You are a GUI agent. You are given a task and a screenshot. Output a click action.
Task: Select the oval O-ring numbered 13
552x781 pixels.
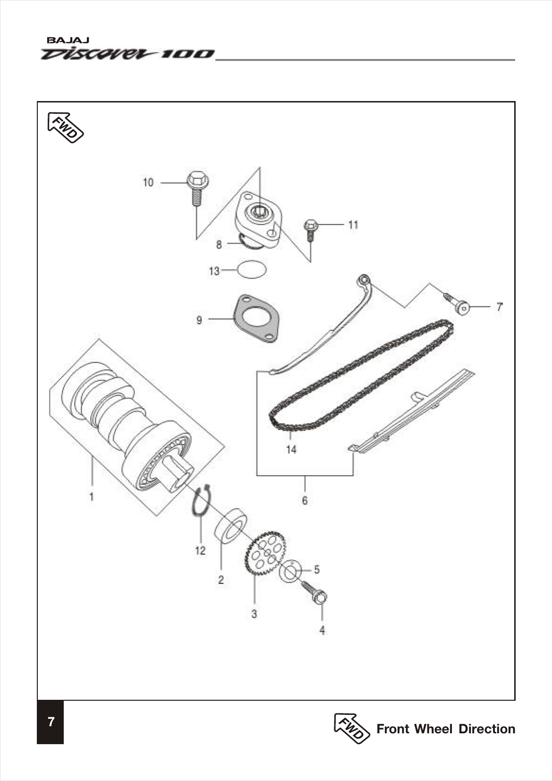pyautogui.click(x=251, y=270)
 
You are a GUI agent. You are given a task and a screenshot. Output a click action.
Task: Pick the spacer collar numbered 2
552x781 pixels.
pyautogui.click(x=231, y=527)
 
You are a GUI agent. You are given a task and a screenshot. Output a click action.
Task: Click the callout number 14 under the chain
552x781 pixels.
pyautogui.click(x=291, y=450)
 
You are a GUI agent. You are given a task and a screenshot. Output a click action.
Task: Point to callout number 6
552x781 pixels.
pyautogui.click(x=305, y=500)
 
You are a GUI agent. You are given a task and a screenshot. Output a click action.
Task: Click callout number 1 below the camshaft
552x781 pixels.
pyautogui.click(x=91, y=497)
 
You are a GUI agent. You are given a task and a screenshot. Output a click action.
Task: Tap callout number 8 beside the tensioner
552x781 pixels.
pyautogui.click(x=219, y=245)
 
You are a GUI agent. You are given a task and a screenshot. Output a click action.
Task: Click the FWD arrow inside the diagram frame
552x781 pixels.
pyautogui.click(x=66, y=127)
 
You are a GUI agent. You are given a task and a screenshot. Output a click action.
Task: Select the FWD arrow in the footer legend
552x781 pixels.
pyautogui.click(x=351, y=728)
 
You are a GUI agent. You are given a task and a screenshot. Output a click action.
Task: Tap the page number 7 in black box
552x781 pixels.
pyautogui.click(x=51, y=722)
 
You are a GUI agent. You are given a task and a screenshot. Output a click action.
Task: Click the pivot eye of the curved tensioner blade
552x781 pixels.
pyautogui.click(x=363, y=280)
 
